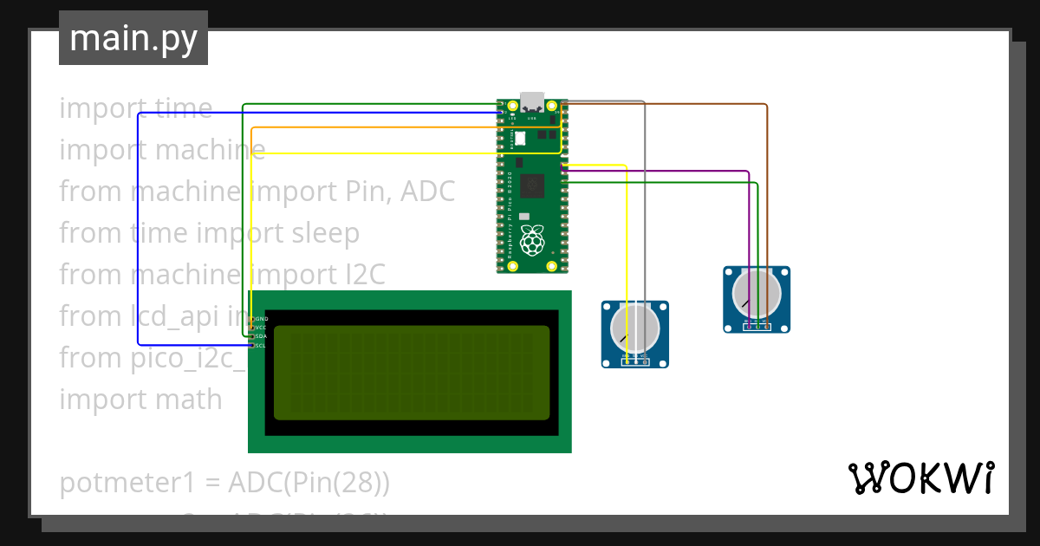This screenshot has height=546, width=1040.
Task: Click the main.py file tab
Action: [133, 38]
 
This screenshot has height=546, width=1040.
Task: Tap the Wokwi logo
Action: [921, 478]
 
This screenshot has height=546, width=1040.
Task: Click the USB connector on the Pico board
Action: [531, 101]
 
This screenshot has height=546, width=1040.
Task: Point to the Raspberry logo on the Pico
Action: [531, 240]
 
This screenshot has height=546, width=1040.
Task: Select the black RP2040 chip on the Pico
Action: [531, 184]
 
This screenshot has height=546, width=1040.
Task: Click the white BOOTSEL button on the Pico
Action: [521, 137]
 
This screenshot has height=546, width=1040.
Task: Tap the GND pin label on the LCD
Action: [261, 319]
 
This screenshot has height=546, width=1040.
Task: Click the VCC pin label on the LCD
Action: [261, 328]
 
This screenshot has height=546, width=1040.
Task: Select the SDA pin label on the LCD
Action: [261, 336]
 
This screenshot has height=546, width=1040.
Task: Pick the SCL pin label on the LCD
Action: [261, 345]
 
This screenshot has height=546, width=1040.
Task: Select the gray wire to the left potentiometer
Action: [644, 217]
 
